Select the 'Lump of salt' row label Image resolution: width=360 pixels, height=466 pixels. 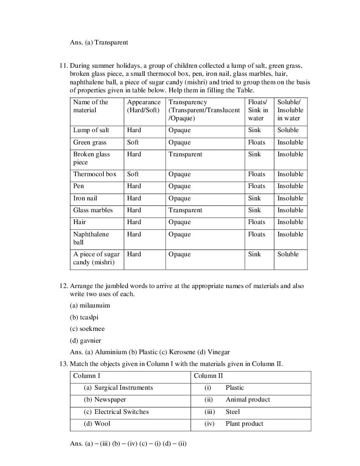click(x=91, y=130)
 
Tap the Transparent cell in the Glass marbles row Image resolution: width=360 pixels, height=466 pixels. click(x=185, y=210)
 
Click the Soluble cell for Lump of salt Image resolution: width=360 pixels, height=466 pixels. click(x=288, y=130)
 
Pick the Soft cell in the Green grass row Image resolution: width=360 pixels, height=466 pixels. click(x=133, y=142)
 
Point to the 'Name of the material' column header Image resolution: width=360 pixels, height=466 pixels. click(x=91, y=106)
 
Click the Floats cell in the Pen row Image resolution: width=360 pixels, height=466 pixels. click(x=256, y=186)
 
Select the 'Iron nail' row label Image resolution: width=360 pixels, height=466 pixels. click(x=85, y=198)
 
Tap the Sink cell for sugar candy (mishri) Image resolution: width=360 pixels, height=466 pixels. click(x=255, y=254)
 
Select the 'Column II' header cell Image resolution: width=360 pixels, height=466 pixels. click(x=208, y=376)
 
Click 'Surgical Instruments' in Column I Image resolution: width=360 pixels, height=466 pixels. click(x=123, y=388)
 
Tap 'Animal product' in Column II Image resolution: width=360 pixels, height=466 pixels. click(x=248, y=399)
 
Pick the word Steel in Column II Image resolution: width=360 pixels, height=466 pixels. click(x=233, y=412)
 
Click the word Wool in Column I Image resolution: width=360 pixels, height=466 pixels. click(x=102, y=424)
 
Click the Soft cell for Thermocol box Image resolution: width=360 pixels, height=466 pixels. click(x=133, y=174)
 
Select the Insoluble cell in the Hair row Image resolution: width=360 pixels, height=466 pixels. click(x=290, y=222)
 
